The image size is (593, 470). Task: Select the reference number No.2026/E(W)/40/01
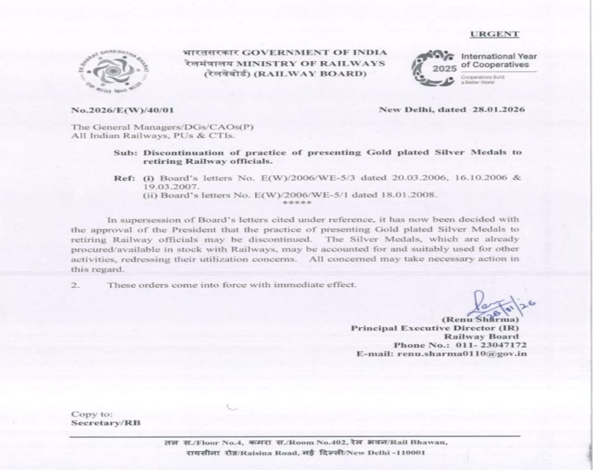point(122,110)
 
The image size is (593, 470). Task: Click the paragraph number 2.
point(75,285)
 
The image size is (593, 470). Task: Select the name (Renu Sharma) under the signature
point(481,319)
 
